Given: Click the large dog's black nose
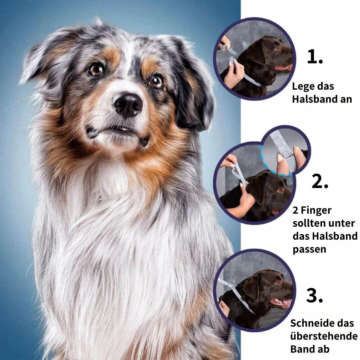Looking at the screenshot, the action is pos(128,105).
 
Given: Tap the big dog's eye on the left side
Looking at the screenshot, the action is pos(96,69).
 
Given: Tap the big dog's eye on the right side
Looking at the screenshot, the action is pos(156,81).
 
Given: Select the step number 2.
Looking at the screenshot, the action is pos(320,181).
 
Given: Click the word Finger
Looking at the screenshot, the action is pos(316,211).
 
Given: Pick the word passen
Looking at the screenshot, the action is pos(309,250).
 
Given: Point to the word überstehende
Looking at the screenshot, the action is pos(324,336).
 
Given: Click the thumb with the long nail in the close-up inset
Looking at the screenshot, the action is pos(281,163).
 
